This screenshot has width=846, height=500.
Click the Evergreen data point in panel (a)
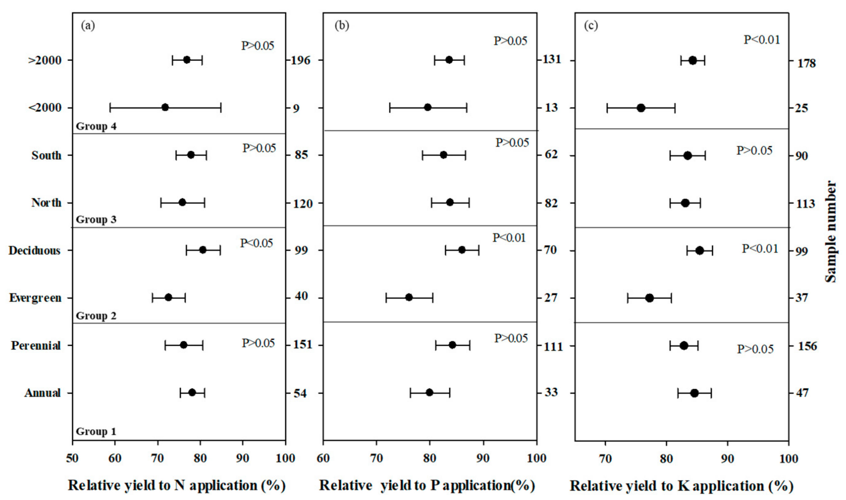(x=168, y=297)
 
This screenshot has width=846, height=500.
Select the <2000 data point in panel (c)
(x=641, y=108)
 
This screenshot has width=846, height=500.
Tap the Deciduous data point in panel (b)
(x=462, y=250)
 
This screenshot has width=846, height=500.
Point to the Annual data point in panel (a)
(x=192, y=392)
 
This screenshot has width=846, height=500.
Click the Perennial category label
(x=36, y=345)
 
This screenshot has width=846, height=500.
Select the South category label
(x=47, y=155)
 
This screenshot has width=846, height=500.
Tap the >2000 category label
(x=45, y=61)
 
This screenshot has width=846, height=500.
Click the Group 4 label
(x=96, y=126)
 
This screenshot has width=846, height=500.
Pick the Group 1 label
(x=96, y=431)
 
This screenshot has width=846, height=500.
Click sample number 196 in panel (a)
(x=301, y=61)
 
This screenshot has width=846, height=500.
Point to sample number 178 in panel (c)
(x=807, y=63)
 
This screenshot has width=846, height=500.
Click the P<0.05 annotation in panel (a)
(x=257, y=243)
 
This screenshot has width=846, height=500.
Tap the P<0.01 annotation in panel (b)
(x=509, y=238)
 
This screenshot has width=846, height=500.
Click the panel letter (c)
(x=591, y=26)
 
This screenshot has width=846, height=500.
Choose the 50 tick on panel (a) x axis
(x=72, y=459)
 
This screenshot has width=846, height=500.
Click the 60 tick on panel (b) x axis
(x=323, y=459)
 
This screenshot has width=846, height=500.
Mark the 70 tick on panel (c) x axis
(x=605, y=459)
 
